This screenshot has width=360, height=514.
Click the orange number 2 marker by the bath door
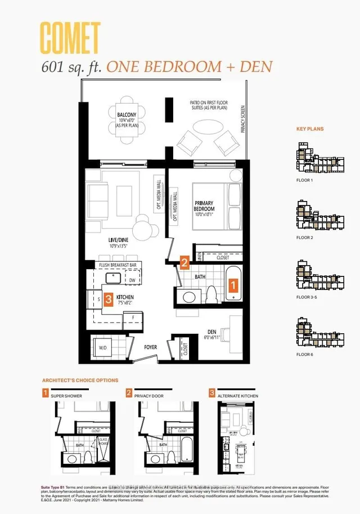[184, 261]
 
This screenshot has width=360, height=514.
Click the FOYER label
[150, 347]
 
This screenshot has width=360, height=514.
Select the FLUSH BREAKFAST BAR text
[117, 265]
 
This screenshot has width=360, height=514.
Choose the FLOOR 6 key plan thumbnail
[319, 332]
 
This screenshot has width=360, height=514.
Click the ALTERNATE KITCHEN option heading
[238, 396]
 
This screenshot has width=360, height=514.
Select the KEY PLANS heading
[310, 129]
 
